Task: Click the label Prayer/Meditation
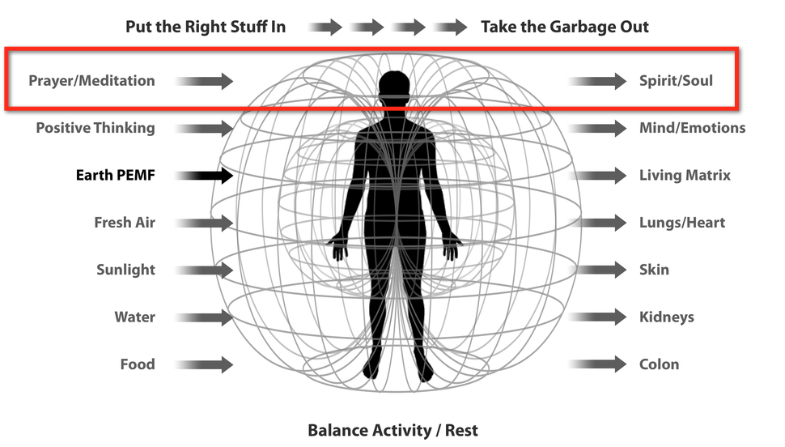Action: pyautogui.click(x=91, y=81)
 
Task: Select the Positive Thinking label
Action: pyautogui.click(x=95, y=128)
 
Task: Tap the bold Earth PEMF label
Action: pyautogui.click(x=115, y=175)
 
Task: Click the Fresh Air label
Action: pyautogui.click(x=125, y=223)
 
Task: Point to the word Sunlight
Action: pyautogui.click(x=125, y=270)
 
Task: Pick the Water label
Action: pyautogui.click(x=134, y=317)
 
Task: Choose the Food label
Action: pyautogui.click(x=138, y=364)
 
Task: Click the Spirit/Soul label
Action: pyautogui.click(x=676, y=81)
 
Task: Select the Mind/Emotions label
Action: pyautogui.click(x=692, y=128)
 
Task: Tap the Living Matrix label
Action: pyautogui.click(x=685, y=175)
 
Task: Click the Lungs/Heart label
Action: pyautogui.click(x=682, y=223)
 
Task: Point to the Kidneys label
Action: pyautogui.click(x=667, y=317)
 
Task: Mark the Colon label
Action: pyautogui.click(x=659, y=364)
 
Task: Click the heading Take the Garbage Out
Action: pyautogui.click(x=565, y=27)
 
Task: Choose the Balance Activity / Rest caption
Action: pyautogui.click(x=392, y=430)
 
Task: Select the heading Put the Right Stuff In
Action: pyautogui.click(x=206, y=27)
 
